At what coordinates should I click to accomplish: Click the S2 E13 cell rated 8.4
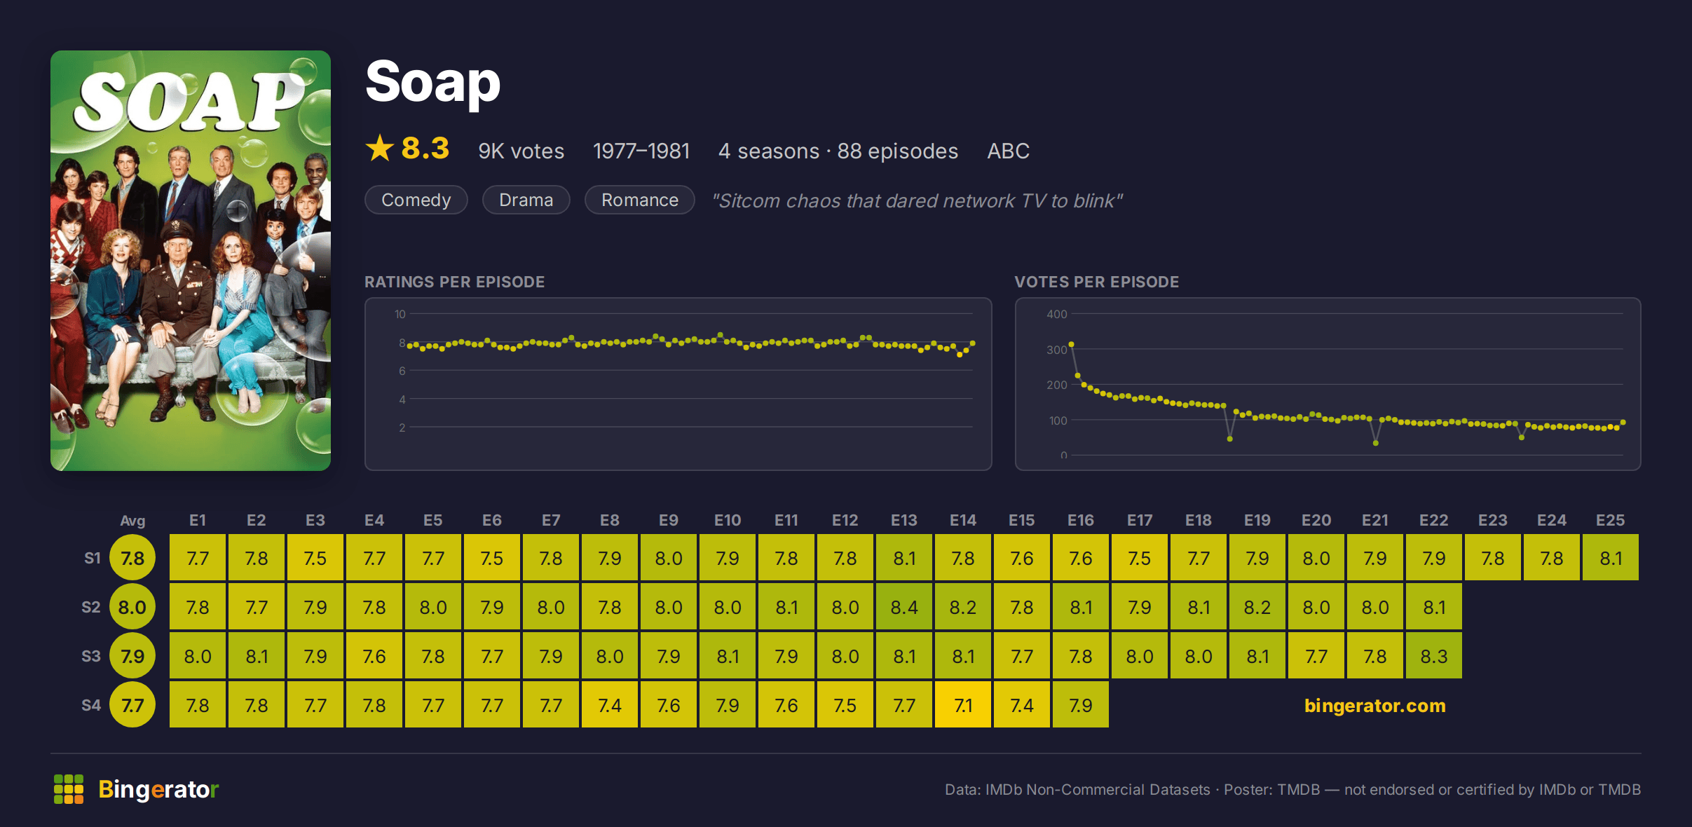pyautogui.click(x=903, y=607)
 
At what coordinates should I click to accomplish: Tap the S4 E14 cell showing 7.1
pyautogui.click(x=962, y=705)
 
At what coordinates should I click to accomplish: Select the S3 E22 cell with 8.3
pyautogui.click(x=1433, y=656)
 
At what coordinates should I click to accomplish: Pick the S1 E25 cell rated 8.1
pyautogui.click(x=1610, y=558)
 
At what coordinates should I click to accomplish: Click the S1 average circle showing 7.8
pyautogui.click(x=132, y=558)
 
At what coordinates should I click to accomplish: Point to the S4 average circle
pyautogui.click(x=132, y=705)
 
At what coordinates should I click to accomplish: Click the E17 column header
pyautogui.click(x=1139, y=520)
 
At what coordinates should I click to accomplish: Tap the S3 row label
pyautogui.click(x=91, y=656)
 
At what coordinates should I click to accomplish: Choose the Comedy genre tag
pyautogui.click(x=416, y=200)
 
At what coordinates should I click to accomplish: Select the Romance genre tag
pyautogui.click(x=639, y=200)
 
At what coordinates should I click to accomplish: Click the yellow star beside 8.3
pyautogui.click(x=380, y=148)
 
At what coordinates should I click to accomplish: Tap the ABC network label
pyautogui.click(x=1008, y=151)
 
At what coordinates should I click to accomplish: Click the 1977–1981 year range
pyautogui.click(x=641, y=151)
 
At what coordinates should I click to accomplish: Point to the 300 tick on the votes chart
pyautogui.click(x=1056, y=350)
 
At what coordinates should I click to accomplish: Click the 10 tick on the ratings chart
pyautogui.click(x=400, y=314)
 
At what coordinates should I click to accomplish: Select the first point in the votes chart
pyautogui.click(x=1071, y=345)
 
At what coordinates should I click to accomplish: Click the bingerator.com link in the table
pyautogui.click(x=1374, y=705)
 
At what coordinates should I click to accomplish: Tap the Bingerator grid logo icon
pyautogui.click(x=69, y=789)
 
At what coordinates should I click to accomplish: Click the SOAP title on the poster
pyautogui.click(x=189, y=102)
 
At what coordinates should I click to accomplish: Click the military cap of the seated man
pyautogui.click(x=177, y=231)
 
